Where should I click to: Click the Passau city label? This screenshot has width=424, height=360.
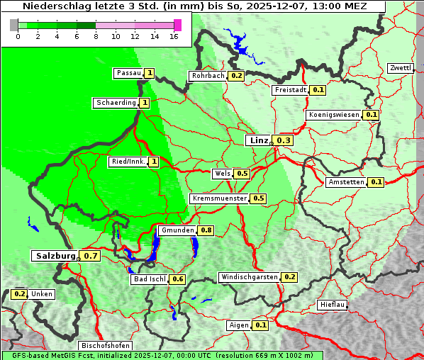point(128,73)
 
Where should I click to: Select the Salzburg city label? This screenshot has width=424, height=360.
point(55,255)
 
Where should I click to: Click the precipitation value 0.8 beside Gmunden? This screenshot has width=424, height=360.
point(206,230)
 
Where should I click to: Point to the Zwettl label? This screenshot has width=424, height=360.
point(401,68)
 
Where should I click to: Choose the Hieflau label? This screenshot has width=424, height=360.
point(333,305)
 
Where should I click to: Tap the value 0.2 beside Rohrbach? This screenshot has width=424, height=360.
point(236,76)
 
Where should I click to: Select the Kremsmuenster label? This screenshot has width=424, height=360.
point(219,198)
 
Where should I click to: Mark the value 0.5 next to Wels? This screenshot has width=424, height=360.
point(242,174)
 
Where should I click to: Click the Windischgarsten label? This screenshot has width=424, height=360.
point(249,277)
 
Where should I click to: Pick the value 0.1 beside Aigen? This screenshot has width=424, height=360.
point(260,325)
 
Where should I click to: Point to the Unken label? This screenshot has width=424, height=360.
point(42,293)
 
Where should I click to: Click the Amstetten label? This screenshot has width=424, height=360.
point(346,182)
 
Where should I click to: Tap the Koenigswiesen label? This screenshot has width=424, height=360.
point(334,115)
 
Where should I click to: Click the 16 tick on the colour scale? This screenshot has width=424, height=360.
point(174,36)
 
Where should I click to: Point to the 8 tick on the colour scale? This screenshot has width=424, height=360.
point(96,36)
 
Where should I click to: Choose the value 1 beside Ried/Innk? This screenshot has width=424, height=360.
point(153,162)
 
